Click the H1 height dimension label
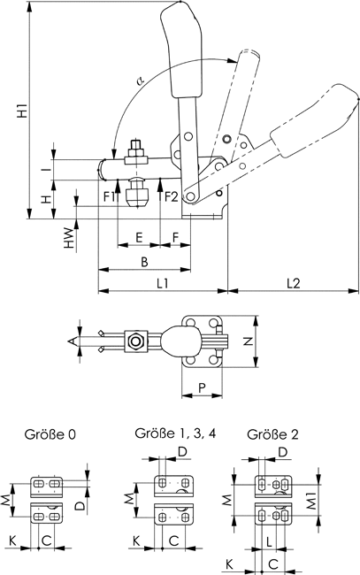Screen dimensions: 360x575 (x=23, y=111)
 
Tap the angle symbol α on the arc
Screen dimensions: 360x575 (x=140, y=79)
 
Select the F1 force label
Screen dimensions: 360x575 (x=110, y=197)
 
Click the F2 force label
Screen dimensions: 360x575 (x=171, y=197)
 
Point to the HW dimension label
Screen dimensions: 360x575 (x=69, y=238)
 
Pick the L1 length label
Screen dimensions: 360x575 (x=163, y=283)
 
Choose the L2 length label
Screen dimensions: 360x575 (x=294, y=283)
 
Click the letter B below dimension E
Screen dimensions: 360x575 (x=144, y=262)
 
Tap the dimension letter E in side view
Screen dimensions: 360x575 (x=139, y=238)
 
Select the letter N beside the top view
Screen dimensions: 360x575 (x=249, y=341)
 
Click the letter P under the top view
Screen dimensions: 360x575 (x=202, y=387)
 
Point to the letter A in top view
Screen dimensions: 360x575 (x=73, y=341)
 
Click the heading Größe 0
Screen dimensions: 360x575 (x=50, y=434)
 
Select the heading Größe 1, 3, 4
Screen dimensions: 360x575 (x=175, y=433)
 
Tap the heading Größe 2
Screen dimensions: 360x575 (x=272, y=434)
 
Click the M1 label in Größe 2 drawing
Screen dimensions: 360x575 (x=311, y=500)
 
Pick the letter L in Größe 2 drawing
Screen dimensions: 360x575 (x=269, y=541)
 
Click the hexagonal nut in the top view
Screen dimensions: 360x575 (x=135, y=341)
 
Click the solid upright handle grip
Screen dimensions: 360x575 (x=180, y=50)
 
